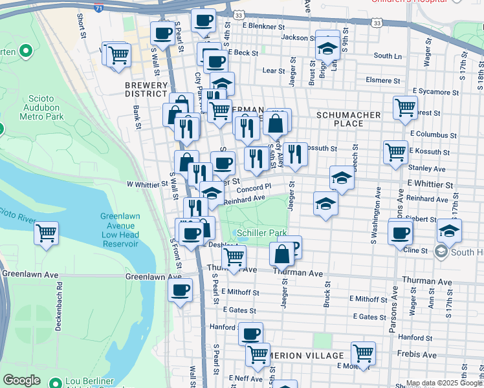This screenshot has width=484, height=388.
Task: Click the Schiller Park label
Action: (x=263, y=232)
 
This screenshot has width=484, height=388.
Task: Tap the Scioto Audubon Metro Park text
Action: (x=42, y=108)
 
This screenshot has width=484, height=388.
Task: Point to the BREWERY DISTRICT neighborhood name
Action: (x=147, y=88)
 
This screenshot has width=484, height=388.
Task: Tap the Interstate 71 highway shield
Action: (x=98, y=8)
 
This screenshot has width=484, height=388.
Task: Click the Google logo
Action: (x=22, y=380)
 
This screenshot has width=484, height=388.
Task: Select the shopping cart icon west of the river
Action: (x=46, y=233)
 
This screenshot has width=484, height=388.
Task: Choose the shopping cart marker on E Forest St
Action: (x=405, y=107)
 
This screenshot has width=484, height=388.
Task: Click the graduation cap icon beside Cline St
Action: (x=449, y=230)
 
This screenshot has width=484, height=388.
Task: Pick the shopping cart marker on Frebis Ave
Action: (x=363, y=353)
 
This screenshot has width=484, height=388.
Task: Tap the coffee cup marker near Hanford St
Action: (x=250, y=334)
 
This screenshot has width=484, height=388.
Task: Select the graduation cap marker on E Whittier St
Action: (x=342, y=177)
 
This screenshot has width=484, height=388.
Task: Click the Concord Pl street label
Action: (x=254, y=188)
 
